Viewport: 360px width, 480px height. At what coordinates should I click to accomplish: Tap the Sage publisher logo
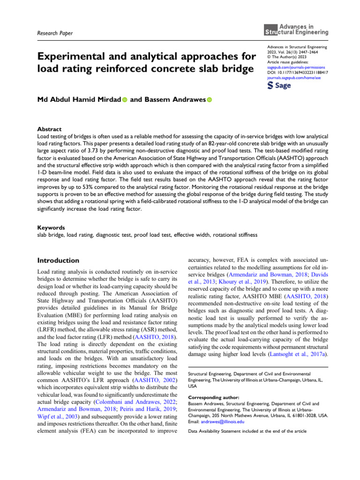pyautogui.click(x=278, y=86)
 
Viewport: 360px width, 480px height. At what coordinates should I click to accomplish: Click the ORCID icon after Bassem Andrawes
pyautogui.click(x=209, y=100)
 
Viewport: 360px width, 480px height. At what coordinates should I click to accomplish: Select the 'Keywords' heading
pyautogui.click(x=50, y=226)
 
